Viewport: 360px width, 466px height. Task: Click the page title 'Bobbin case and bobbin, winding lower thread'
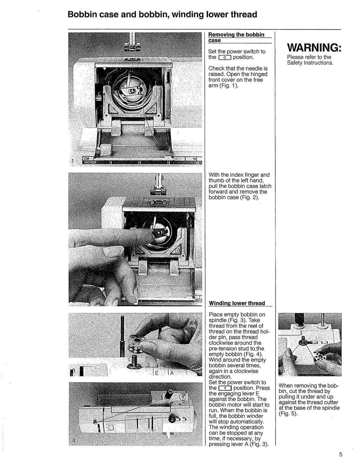[x=162, y=15]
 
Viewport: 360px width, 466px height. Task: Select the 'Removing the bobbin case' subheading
[x=236, y=37]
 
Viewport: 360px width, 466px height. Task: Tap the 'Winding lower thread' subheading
[x=237, y=303]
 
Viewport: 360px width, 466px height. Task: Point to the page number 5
[x=341, y=454]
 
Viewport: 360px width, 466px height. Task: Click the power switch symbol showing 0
[x=224, y=58]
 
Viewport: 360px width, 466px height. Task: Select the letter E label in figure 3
[x=157, y=373]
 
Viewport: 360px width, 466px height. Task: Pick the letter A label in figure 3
[x=172, y=373]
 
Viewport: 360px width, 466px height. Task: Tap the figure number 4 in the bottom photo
[x=74, y=440]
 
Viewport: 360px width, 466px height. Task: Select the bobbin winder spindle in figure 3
[x=134, y=362]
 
